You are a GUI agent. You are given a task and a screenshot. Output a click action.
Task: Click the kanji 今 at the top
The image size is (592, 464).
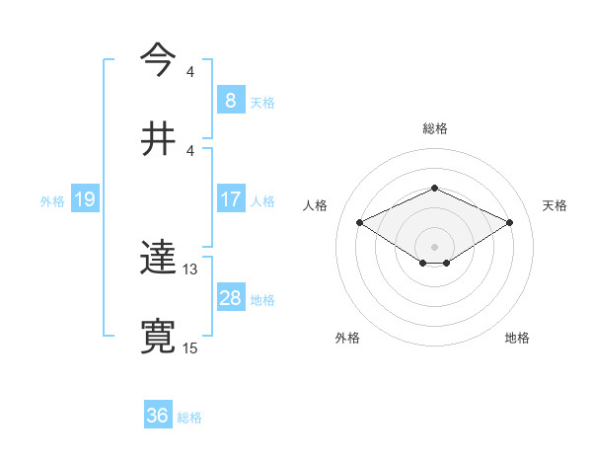[x=158, y=62]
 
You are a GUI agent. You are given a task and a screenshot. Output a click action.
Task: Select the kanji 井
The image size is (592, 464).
[x=158, y=138]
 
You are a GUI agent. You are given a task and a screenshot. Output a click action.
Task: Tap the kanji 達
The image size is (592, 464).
[x=158, y=259]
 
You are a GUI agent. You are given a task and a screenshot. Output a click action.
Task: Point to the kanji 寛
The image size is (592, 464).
[x=158, y=337]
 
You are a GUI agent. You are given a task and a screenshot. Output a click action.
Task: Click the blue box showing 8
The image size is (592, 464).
[x=230, y=101]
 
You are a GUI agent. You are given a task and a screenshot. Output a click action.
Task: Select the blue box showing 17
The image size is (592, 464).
[x=230, y=199]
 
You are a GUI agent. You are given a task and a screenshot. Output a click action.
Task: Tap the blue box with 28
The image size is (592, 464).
[x=230, y=298]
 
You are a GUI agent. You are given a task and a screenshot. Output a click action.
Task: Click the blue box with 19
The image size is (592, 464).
[x=84, y=199]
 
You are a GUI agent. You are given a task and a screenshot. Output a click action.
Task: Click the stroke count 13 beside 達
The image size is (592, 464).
[x=190, y=270]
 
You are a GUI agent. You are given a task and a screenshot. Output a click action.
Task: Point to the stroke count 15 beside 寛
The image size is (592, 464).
[x=190, y=348]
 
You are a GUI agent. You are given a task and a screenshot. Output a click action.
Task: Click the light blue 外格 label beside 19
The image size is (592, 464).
[x=52, y=200]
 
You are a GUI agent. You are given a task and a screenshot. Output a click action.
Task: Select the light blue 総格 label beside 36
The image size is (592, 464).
[x=189, y=417]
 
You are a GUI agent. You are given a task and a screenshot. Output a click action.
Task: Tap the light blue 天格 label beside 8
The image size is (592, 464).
[x=261, y=102]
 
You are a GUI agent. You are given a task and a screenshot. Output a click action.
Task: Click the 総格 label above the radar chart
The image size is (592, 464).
[x=434, y=128]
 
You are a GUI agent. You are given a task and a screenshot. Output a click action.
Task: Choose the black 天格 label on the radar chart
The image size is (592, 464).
[x=555, y=205]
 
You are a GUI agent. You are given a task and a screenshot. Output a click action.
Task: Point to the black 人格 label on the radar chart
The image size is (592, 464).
[x=315, y=205]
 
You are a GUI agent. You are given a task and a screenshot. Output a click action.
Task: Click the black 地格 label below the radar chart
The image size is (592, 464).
[x=517, y=339]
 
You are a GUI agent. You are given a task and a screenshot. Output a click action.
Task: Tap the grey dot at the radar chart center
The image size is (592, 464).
[x=434, y=246]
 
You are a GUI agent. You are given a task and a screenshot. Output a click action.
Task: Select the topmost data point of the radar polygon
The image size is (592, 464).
[x=434, y=188]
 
